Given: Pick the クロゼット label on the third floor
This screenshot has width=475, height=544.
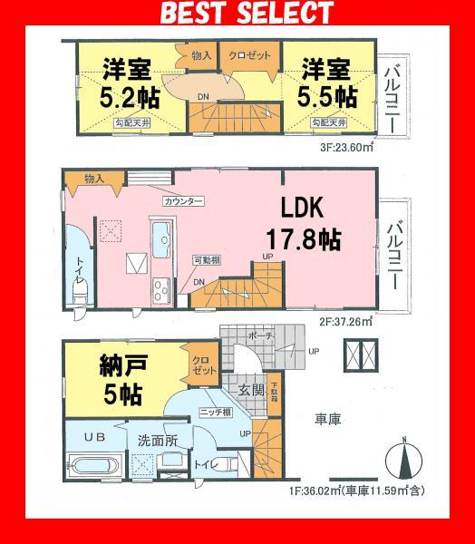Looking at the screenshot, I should click(249, 56).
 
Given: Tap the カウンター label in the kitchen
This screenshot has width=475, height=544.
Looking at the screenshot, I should click(183, 200).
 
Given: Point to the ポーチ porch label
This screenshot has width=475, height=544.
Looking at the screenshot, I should click(262, 334).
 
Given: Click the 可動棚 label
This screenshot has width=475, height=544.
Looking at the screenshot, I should click(206, 262).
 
